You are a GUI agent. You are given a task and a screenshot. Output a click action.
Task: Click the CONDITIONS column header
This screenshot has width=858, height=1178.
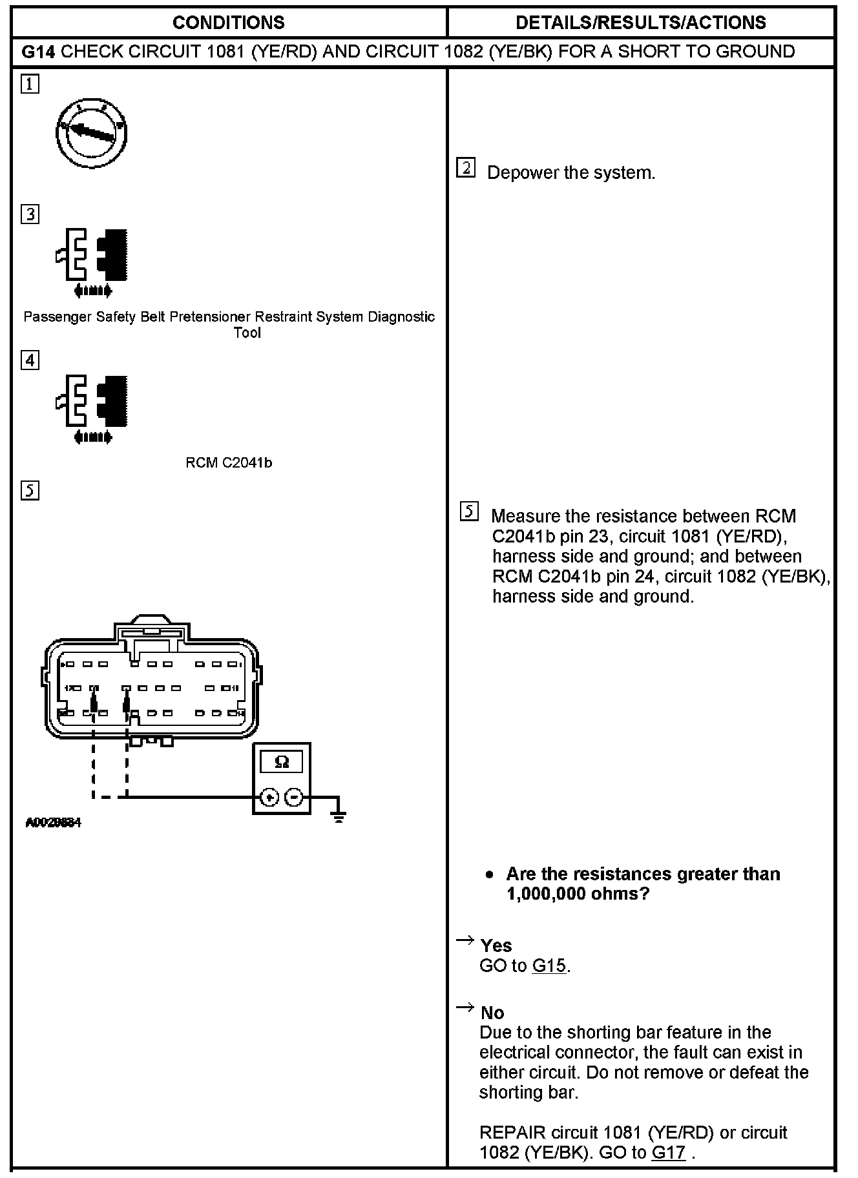click(x=228, y=23)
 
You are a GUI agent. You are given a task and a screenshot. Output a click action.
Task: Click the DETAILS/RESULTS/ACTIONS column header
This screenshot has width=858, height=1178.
click(x=640, y=23)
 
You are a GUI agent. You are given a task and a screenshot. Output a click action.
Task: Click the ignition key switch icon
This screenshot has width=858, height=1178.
click(x=91, y=134)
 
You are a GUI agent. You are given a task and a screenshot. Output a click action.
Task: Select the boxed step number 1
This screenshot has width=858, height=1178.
click(x=30, y=85)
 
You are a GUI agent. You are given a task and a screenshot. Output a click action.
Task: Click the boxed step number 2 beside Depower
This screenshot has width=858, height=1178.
click(x=466, y=168)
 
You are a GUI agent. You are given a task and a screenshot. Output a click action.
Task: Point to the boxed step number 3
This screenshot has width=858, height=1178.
click(x=30, y=214)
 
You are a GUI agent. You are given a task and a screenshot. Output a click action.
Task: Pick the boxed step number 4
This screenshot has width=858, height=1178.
click(x=30, y=360)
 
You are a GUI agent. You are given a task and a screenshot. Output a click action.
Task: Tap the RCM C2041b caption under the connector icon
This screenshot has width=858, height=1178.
click(x=229, y=462)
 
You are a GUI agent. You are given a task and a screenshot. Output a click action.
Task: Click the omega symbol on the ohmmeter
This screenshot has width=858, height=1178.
click(x=282, y=762)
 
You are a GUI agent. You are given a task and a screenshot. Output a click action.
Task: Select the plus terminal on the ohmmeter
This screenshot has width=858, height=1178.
click(x=269, y=798)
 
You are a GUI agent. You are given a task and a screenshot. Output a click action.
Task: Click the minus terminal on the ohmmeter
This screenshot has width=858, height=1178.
click(x=294, y=798)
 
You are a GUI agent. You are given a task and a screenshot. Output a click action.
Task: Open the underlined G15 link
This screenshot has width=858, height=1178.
click(x=549, y=966)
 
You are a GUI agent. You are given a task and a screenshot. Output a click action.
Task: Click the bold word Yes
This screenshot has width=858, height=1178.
click(x=496, y=945)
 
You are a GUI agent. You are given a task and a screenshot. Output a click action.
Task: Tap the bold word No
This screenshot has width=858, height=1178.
click(x=492, y=1012)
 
